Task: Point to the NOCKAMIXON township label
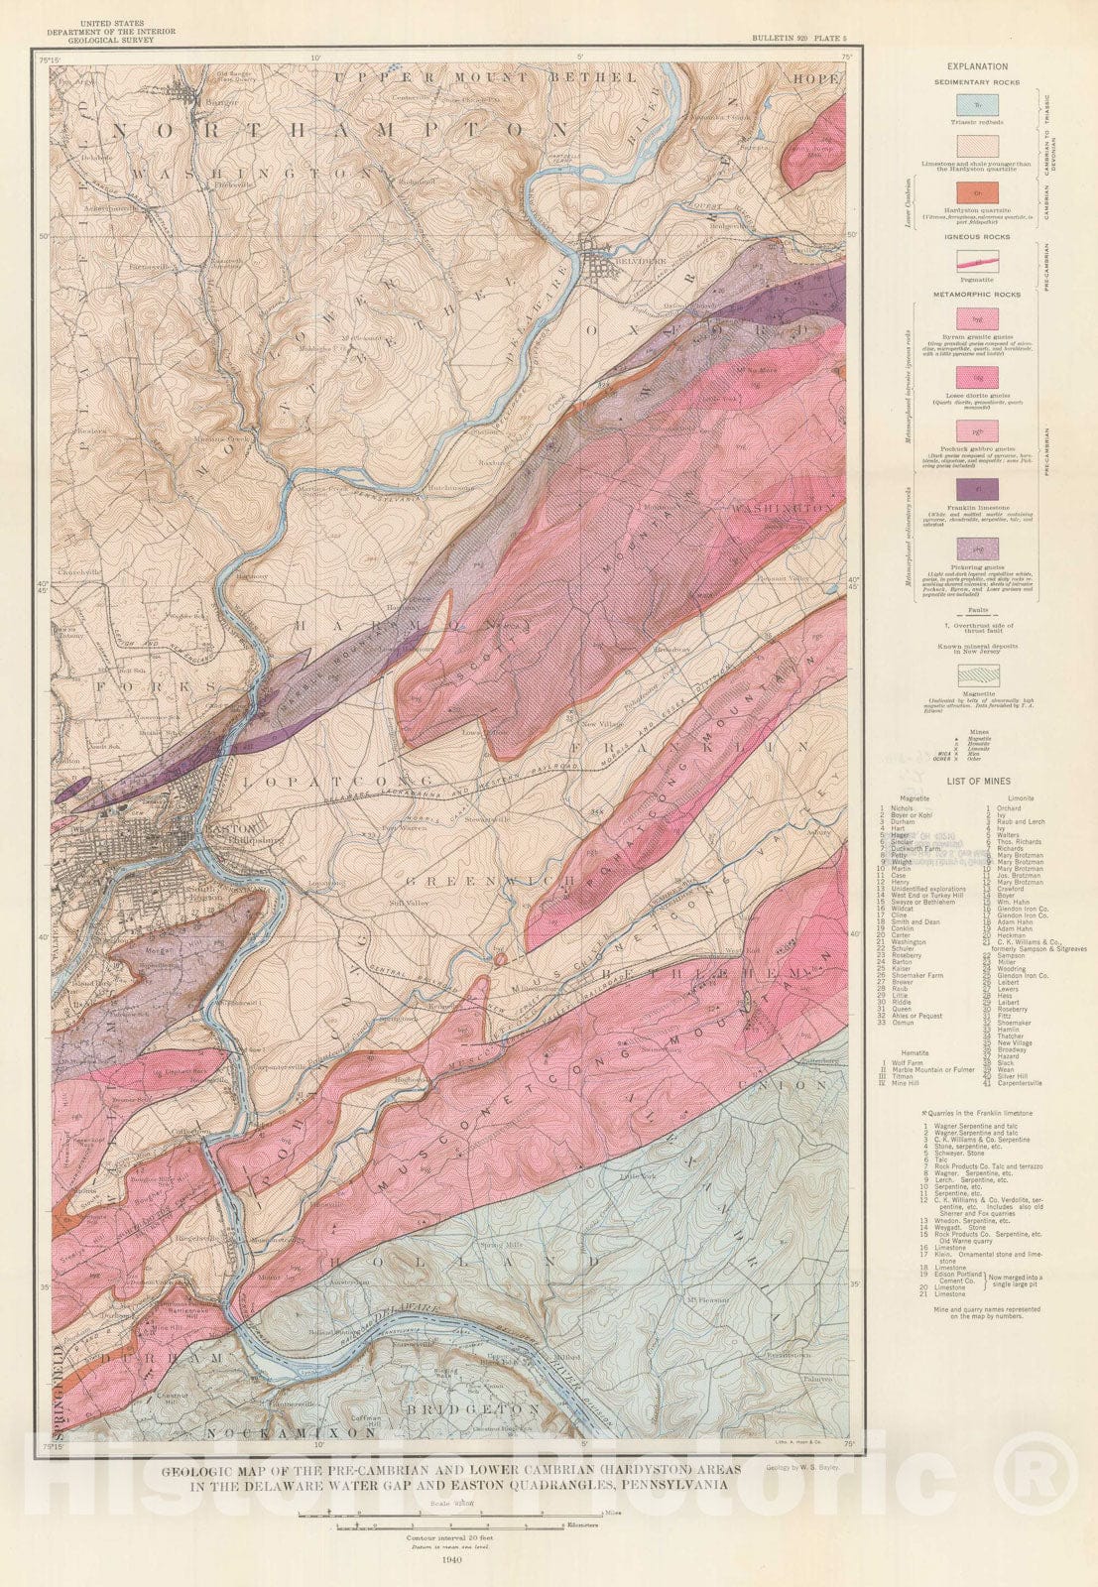[292, 1433]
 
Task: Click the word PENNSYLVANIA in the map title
[669, 1486]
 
